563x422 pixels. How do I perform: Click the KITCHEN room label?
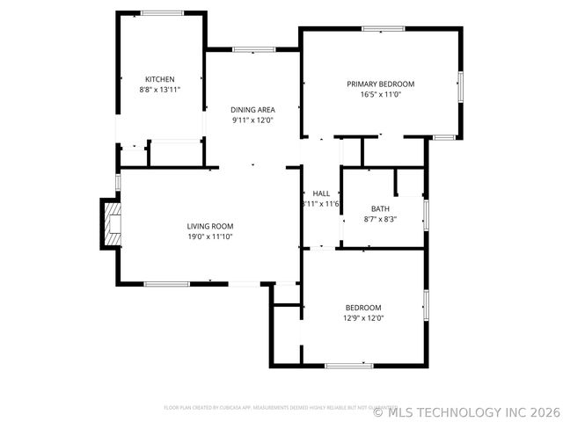coord(159,79)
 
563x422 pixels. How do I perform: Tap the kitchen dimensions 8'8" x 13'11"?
coord(159,90)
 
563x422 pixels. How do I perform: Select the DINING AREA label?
coord(253,110)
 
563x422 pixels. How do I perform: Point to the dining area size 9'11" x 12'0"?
coord(253,120)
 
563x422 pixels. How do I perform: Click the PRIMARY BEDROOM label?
coord(380,84)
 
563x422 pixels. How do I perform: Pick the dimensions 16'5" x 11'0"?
coord(380,95)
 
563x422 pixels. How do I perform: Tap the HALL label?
coord(321,193)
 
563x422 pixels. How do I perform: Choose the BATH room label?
coord(380,209)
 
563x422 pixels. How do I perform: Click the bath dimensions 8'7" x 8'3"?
coord(380,220)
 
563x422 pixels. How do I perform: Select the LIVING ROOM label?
coord(210,226)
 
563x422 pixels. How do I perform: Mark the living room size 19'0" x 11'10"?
coord(210,237)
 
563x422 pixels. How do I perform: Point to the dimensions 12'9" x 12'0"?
coord(363,318)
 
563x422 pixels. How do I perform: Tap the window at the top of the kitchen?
coord(163,13)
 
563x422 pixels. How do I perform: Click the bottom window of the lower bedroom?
coord(349,365)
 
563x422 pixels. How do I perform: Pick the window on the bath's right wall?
coord(427,215)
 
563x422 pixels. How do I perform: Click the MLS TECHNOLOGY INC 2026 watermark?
coord(466,411)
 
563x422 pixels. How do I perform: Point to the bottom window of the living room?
coord(167,283)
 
